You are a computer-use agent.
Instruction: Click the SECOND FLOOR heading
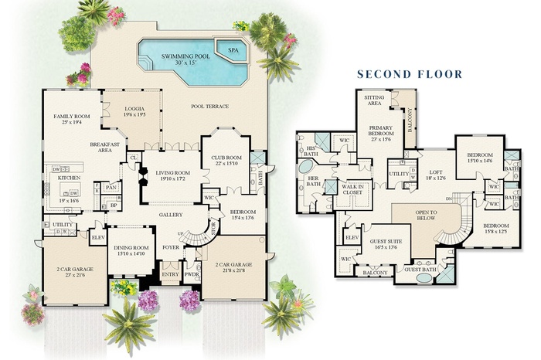point(409,75)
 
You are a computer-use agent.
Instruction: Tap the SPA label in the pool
point(233,49)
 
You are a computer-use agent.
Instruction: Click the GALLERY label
point(171,214)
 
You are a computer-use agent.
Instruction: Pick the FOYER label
point(170,247)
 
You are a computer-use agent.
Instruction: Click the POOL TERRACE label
point(209,107)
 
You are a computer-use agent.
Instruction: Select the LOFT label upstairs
point(436,173)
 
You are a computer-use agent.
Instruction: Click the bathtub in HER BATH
point(307,168)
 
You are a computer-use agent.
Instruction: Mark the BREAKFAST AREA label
point(104,148)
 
